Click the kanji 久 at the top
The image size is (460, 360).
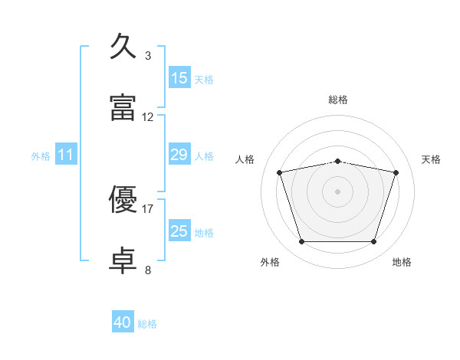tap(123, 47)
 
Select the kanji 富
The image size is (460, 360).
tap(123, 108)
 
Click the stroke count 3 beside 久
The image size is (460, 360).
tap(148, 55)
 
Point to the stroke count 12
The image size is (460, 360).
tap(148, 117)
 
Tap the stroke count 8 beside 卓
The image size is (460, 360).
tap(148, 270)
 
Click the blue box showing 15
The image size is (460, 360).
tap(179, 78)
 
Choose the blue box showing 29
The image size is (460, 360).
tap(179, 155)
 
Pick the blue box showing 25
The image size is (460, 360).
tap(179, 231)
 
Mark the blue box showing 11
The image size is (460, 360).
tap(66, 155)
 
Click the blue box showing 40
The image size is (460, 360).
tap(123, 322)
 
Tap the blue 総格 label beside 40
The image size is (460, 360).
tap(147, 324)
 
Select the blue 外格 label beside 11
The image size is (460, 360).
tap(41, 156)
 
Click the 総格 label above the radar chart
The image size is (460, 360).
tap(338, 100)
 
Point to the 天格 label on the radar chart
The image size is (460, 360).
tap(431, 159)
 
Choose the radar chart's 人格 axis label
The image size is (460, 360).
tap(245, 159)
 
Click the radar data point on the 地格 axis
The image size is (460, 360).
tap(373, 242)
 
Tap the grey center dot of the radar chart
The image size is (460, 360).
tap(338, 191)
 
